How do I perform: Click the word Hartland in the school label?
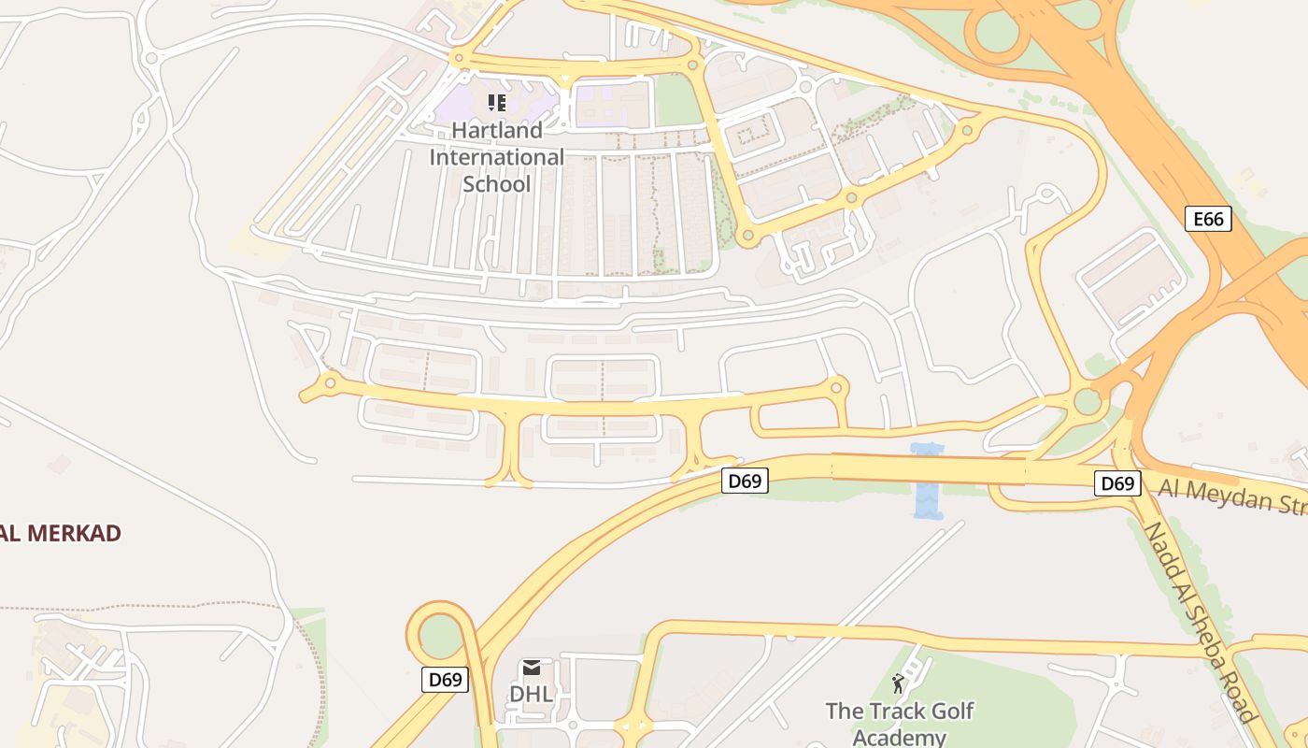click(x=496, y=130)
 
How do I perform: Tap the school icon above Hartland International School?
click(x=497, y=102)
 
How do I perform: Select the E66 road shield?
click(x=1208, y=219)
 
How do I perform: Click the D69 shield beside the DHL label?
click(x=445, y=680)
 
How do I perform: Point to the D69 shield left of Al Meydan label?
click(x=1117, y=483)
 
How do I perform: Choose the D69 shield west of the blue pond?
click(x=745, y=482)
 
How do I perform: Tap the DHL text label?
click(x=531, y=695)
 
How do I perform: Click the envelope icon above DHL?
click(x=532, y=668)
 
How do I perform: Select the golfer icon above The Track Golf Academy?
click(x=899, y=683)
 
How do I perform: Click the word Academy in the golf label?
click(x=900, y=737)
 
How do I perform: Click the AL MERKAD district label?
click(x=62, y=534)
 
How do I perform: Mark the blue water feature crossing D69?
click(x=928, y=482)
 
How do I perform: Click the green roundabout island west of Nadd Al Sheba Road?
click(x=1088, y=402)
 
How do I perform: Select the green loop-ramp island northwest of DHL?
click(x=440, y=636)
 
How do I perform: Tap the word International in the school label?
click(x=496, y=157)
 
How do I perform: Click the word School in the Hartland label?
click(x=496, y=183)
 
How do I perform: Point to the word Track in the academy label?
click(x=894, y=711)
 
